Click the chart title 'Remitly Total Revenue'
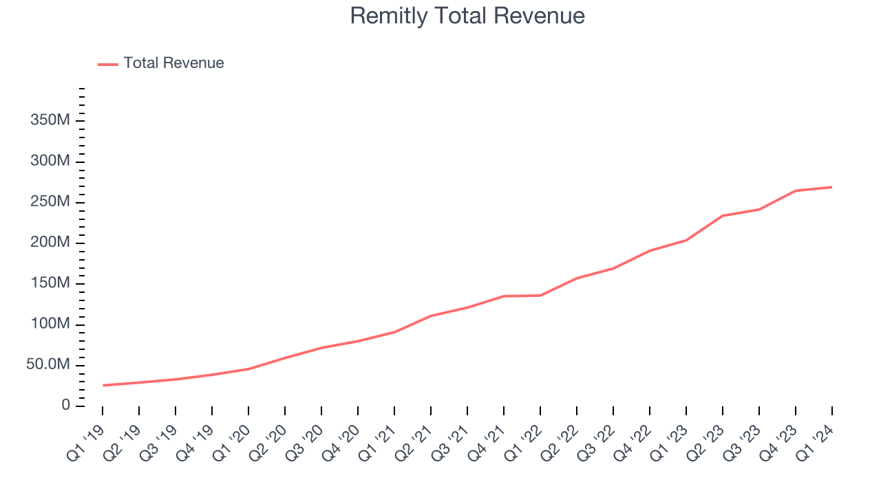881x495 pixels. pyautogui.click(x=467, y=16)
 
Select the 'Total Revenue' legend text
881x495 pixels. pyautogui.click(x=173, y=63)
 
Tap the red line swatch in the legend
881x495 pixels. pyautogui.click(x=108, y=64)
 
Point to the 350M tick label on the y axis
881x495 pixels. pyautogui.click(x=50, y=121)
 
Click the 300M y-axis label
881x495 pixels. pyautogui.click(x=50, y=162)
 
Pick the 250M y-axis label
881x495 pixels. pyautogui.click(x=50, y=202)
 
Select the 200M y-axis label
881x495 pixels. pyautogui.click(x=50, y=243)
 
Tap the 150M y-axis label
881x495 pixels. pyautogui.click(x=50, y=283)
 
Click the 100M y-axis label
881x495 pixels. pyautogui.click(x=50, y=324)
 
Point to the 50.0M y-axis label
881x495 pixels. pyautogui.click(x=48, y=364)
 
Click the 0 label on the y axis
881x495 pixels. pyautogui.click(x=65, y=405)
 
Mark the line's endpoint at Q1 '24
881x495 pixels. pyautogui.click(x=831, y=187)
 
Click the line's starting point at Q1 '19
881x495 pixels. pyautogui.click(x=103, y=385)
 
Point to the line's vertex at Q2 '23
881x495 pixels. pyautogui.click(x=723, y=216)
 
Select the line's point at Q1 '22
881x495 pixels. pyautogui.click(x=540, y=296)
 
